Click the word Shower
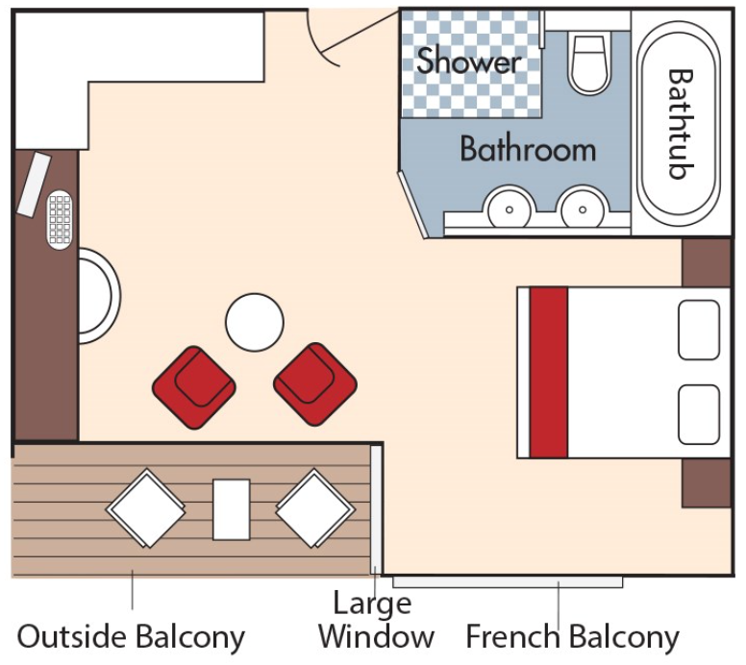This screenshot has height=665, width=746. pos(468,61)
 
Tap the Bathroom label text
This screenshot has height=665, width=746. pos(528,149)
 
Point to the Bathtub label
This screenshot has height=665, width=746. pos(681,125)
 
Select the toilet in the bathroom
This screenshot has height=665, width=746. pos(590,62)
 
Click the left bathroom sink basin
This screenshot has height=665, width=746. pos(510,209)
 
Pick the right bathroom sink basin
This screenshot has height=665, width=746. pos(583,209)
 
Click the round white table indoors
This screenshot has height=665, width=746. pos(255,322)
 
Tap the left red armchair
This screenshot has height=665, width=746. pos(194,387)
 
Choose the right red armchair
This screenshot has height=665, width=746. pos(315,383)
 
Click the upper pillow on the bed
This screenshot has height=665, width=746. pos(699,330)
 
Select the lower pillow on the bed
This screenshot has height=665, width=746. pos(699,414)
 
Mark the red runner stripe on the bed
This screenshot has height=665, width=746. pos(549,372)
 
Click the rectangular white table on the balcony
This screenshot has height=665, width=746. pos(232,509)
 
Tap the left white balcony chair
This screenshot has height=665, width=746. pos(145,508)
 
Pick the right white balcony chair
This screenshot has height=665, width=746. pos(315,508)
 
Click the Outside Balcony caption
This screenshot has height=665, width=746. pos(131,636)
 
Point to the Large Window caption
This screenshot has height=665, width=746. pos(376,620)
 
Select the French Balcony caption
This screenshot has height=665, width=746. pos(572,636)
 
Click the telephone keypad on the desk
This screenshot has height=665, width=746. pos(60,219)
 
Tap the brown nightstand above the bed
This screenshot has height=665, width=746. pos(707,262)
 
